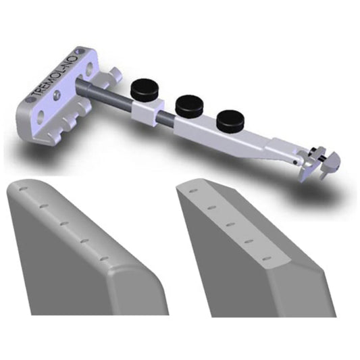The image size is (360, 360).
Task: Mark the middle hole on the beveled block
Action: coord(230,223)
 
